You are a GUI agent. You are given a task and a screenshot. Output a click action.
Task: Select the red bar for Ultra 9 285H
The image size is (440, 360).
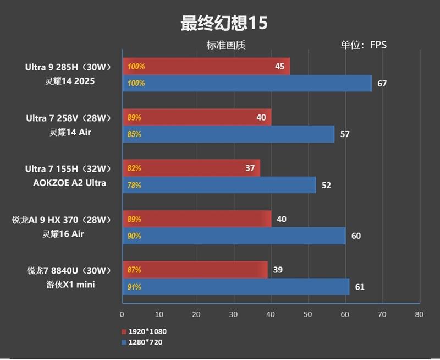[x=206, y=67]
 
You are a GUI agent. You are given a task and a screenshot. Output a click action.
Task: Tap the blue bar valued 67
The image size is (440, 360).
[x=247, y=84]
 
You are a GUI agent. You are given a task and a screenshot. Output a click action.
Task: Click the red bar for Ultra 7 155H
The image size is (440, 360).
[x=191, y=168]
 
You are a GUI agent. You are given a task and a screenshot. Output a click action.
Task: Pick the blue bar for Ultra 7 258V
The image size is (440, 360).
[x=228, y=134]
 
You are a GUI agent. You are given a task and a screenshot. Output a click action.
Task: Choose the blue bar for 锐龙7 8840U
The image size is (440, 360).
[x=235, y=287]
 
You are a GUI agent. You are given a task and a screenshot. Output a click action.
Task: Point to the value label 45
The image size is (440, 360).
[x=279, y=67]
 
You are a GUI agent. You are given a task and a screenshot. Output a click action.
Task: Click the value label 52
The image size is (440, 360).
[x=326, y=186]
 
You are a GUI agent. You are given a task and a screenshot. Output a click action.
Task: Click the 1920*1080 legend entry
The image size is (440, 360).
[x=144, y=332]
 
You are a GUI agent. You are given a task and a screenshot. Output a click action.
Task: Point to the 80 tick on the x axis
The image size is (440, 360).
[x=419, y=315]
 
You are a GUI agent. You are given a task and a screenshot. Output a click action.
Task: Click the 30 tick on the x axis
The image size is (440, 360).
[x=233, y=315]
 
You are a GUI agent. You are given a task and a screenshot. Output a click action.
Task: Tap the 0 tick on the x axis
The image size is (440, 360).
[x=122, y=315]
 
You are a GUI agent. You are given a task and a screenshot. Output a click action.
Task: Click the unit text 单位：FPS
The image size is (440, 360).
[x=364, y=45]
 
